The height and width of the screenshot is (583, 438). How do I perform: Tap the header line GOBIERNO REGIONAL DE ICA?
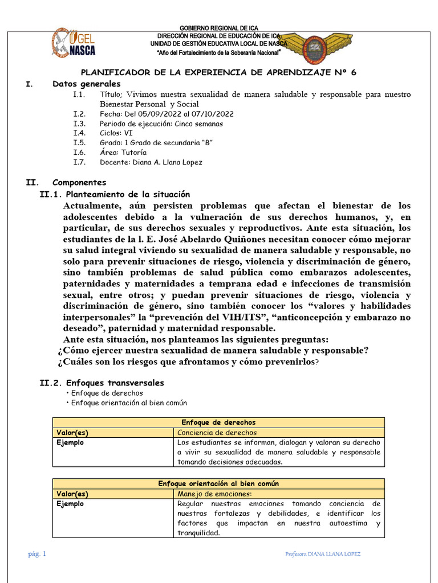coord(218,28)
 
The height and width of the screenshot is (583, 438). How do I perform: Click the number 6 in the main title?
coord(353,72)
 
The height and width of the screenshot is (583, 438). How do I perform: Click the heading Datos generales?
coord(86,84)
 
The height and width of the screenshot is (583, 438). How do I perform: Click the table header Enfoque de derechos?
coord(218,422)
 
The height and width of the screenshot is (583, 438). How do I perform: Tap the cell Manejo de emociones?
coord(214,494)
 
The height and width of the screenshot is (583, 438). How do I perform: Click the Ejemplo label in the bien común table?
coord(70,504)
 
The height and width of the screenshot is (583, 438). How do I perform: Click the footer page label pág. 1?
coord(38,554)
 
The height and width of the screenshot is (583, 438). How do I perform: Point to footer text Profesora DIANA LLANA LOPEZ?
coord(322,554)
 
